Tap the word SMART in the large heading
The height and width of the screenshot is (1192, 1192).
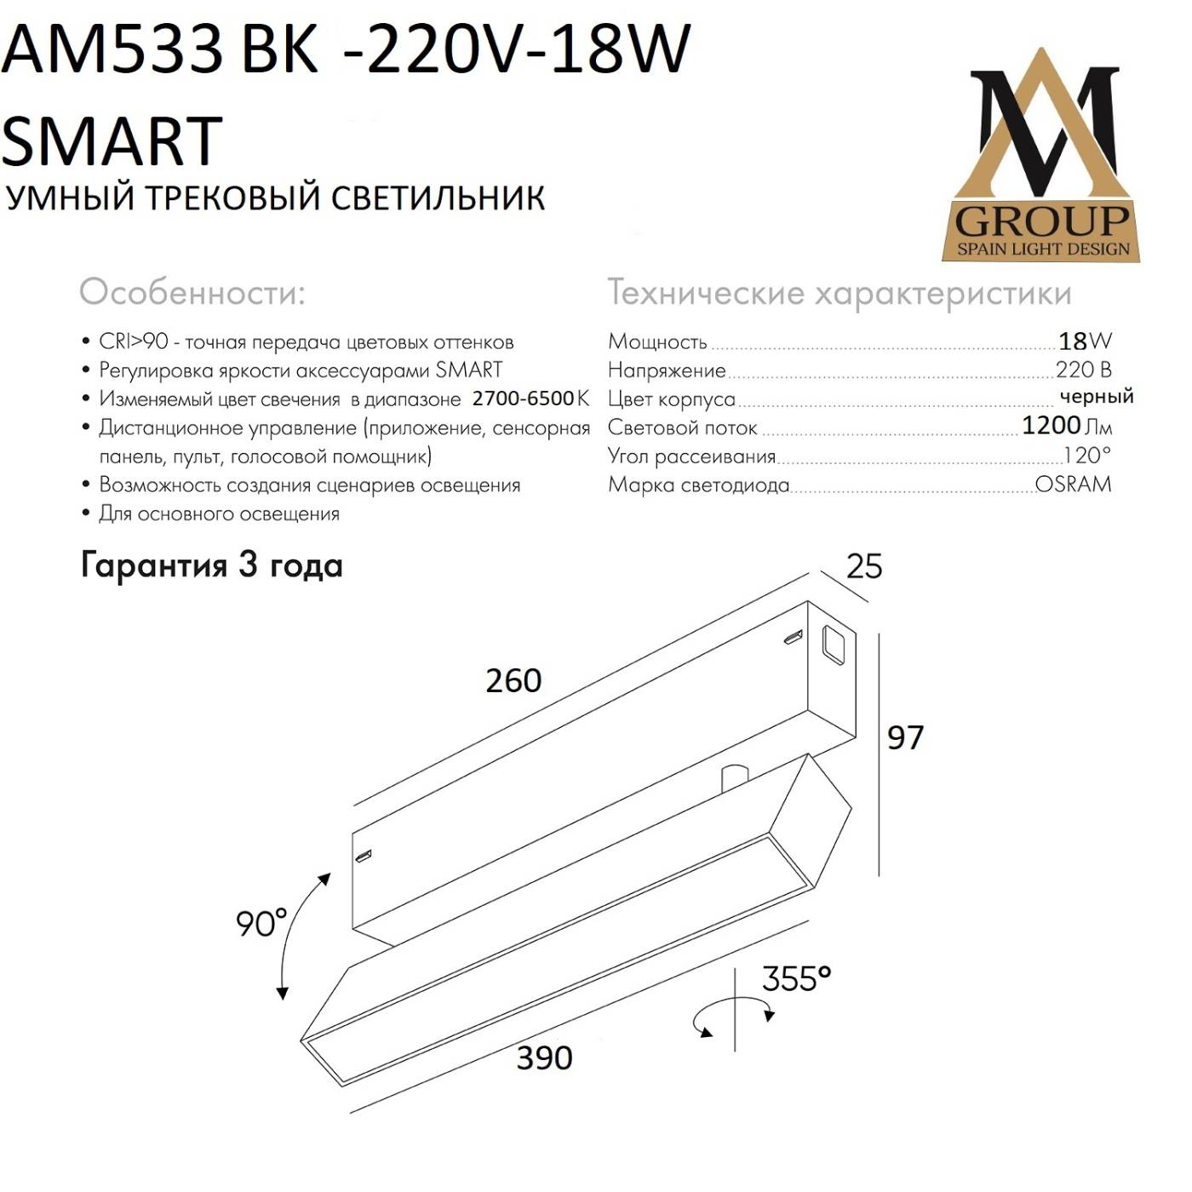point(112,140)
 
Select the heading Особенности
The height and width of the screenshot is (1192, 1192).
point(192,293)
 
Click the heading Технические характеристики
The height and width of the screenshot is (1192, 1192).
point(839,293)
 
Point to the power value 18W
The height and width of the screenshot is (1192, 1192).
point(1084,341)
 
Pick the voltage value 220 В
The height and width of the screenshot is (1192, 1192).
point(1083,370)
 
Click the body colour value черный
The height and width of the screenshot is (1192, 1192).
point(1096,396)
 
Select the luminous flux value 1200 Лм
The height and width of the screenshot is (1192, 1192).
point(1066,425)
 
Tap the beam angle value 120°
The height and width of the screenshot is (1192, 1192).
point(1086,455)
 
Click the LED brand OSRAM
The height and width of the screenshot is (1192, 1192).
point(1073,484)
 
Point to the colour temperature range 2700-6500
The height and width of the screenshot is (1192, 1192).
point(523,398)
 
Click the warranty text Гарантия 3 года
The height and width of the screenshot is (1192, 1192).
point(211,565)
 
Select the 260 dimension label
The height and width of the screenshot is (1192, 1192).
point(513,680)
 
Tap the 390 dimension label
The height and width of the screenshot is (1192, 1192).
point(544,1058)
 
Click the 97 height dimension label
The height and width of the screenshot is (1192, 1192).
point(904,737)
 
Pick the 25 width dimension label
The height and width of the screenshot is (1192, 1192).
point(863,567)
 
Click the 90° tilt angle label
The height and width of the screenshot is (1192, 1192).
point(261,923)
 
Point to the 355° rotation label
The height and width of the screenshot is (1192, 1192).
point(795,979)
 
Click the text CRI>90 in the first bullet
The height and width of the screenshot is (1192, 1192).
point(134,342)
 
